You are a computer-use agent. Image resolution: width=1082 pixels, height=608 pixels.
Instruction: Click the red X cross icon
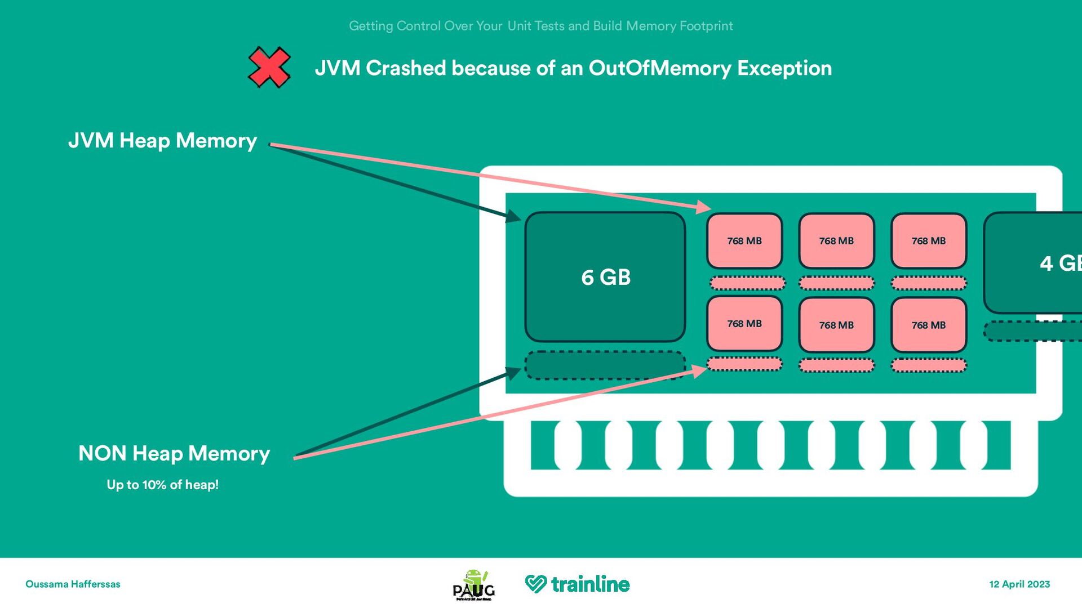click(269, 68)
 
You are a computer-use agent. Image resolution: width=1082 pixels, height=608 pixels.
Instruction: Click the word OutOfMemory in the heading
click(659, 68)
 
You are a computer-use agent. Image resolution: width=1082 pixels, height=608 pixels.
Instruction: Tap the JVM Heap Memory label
click(162, 140)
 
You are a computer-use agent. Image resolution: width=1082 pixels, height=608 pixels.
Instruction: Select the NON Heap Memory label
click(174, 453)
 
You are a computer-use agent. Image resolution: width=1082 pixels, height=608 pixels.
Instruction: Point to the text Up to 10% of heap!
click(162, 485)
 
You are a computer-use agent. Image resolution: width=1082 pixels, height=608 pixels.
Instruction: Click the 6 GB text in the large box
click(606, 277)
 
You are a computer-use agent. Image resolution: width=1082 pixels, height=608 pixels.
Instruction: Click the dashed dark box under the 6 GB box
click(605, 365)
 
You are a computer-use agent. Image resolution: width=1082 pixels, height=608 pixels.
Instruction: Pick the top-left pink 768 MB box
click(744, 241)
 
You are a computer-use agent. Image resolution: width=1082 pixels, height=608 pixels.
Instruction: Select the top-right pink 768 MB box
click(929, 241)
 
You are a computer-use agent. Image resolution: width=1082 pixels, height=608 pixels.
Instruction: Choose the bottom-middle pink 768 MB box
click(836, 325)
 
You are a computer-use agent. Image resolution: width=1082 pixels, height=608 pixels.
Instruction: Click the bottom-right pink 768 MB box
click(929, 325)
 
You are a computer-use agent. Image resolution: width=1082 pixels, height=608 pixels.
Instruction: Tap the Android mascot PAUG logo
click(474, 585)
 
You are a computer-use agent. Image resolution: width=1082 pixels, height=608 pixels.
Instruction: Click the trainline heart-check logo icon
click(535, 584)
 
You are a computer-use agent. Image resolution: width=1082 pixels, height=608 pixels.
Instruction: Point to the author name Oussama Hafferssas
click(73, 584)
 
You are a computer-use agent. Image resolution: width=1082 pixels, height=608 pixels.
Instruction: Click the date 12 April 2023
click(1019, 584)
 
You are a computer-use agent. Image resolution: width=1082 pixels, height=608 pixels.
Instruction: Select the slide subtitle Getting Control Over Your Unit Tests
click(541, 26)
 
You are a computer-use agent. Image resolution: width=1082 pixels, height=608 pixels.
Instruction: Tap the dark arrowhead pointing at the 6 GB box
click(514, 216)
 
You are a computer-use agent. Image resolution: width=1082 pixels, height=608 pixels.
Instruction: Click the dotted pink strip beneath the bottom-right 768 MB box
click(929, 366)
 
